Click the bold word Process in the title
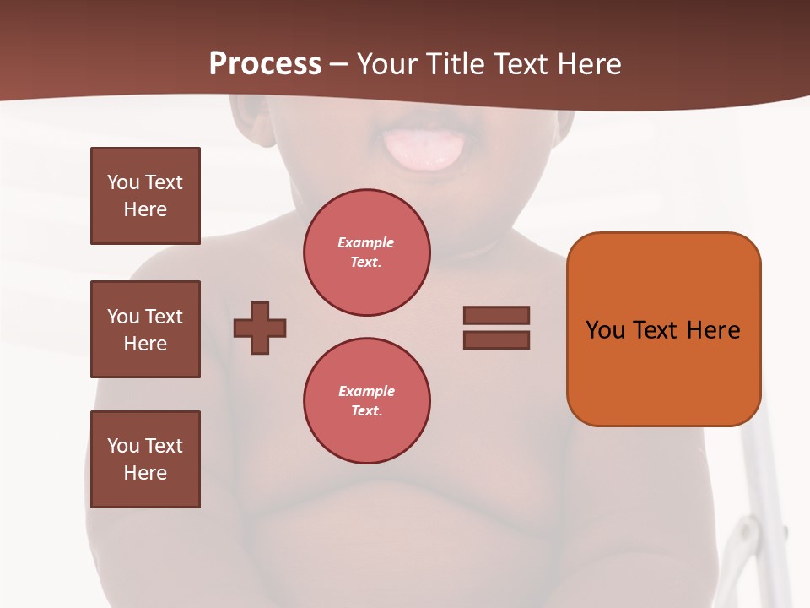pyautogui.click(x=265, y=64)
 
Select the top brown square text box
pyautogui.click(x=145, y=196)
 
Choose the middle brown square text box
pyautogui.click(x=145, y=329)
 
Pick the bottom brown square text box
pyautogui.click(x=145, y=459)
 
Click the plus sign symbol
pyautogui.click(x=260, y=328)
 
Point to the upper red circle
pyautogui.click(x=367, y=252)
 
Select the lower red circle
pyautogui.click(x=367, y=400)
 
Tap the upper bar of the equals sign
pyautogui.click(x=496, y=315)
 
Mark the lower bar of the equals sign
pyautogui.click(x=496, y=339)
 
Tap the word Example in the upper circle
pyautogui.click(x=366, y=242)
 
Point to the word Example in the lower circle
pyautogui.click(x=366, y=391)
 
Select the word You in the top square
pyautogui.click(x=123, y=182)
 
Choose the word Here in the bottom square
pyautogui.click(x=145, y=473)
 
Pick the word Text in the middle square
pyautogui.click(x=164, y=317)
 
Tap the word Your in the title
pyautogui.click(x=389, y=64)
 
